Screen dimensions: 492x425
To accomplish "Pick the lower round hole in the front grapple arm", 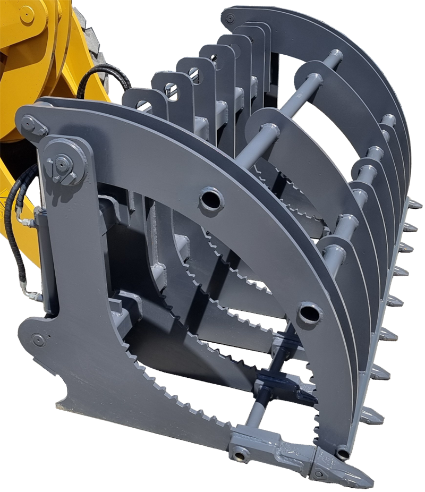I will pyautogui.click(x=309, y=313).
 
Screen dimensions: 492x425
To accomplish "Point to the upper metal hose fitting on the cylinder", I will pyautogui.click(x=23, y=218).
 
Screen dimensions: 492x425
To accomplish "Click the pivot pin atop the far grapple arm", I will pyautogui.click(x=229, y=19).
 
